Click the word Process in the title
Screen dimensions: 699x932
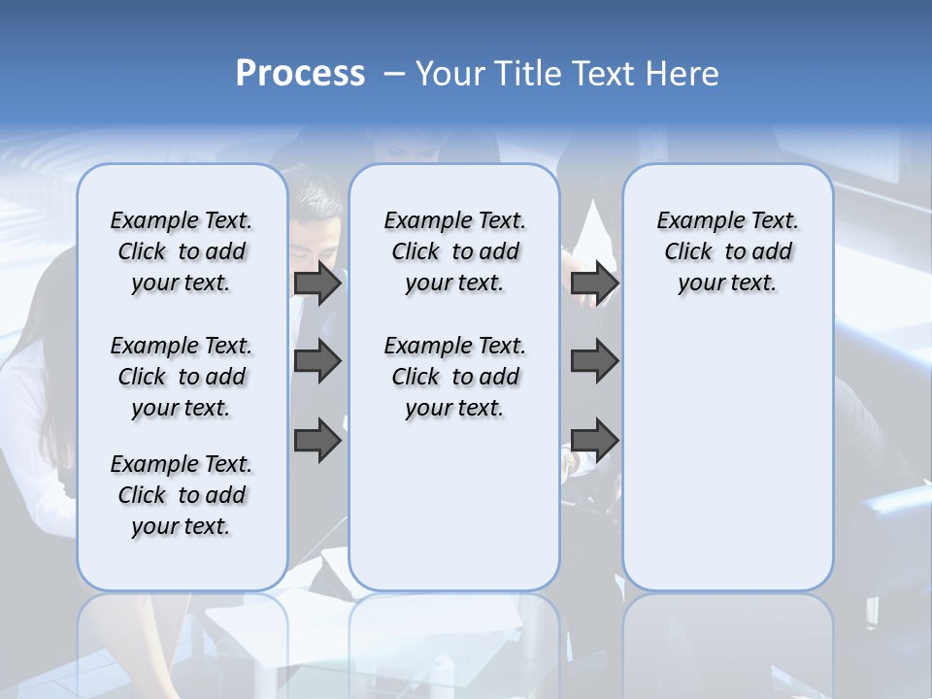coord(300,73)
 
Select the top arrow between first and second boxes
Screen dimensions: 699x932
coord(317,283)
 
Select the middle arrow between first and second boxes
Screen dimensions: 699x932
coord(317,361)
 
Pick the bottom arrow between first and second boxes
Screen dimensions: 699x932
coord(317,440)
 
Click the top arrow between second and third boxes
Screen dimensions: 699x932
coord(594,283)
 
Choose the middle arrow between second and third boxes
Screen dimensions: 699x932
coord(594,361)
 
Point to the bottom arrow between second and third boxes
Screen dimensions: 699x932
coord(594,440)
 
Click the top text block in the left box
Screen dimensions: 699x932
coord(182,251)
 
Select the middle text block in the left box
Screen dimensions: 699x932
coord(182,377)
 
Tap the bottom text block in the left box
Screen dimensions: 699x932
coord(182,495)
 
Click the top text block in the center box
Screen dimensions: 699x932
coord(454,251)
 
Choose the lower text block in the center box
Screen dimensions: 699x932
coord(454,377)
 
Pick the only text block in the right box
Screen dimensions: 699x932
coord(727,251)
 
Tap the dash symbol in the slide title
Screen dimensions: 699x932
coord(394,74)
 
